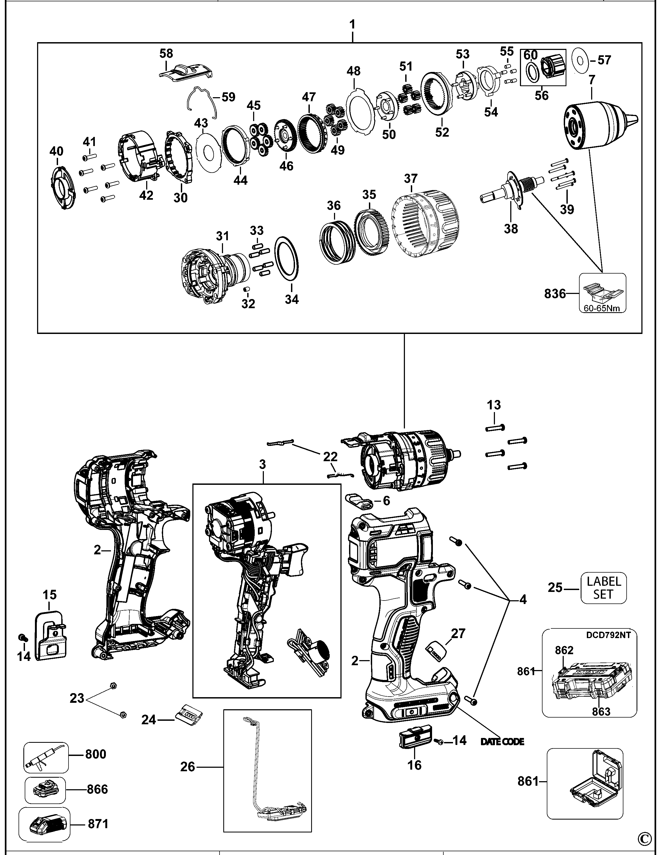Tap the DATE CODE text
[502, 741]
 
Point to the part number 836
[555, 294]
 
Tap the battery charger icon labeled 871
[44, 824]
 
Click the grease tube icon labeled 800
[45, 758]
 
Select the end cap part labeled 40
[61, 187]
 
